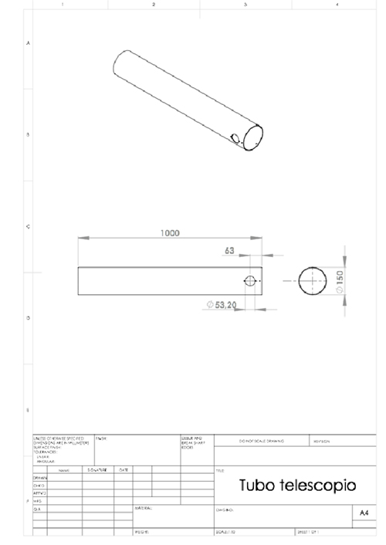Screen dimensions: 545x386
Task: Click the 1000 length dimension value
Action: click(x=170, y=232)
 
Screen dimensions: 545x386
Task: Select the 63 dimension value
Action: click(x=229, y=251)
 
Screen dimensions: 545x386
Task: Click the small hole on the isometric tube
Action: click(x=233, y=137)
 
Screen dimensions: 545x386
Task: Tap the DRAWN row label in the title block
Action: click(x=41, y=477)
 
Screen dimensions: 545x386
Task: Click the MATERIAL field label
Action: click(x=144, y=508)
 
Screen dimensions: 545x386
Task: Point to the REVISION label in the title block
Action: click(x=322, y=442)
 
